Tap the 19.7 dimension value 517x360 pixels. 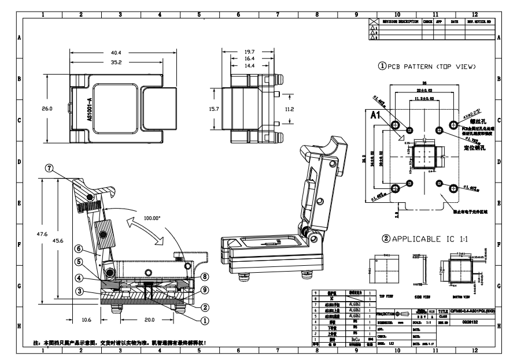point(249,51)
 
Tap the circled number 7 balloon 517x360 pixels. point(50,168)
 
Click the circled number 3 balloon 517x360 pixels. point(77,291)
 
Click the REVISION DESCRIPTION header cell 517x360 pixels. point(398,21)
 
